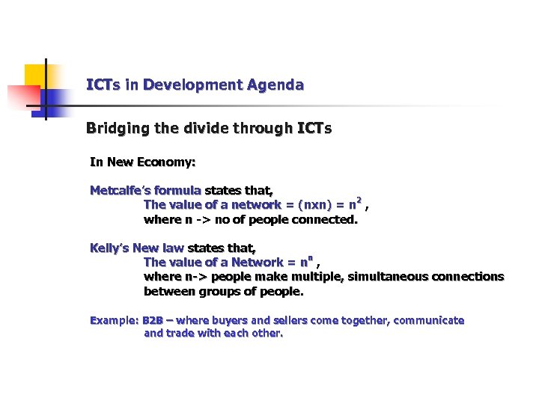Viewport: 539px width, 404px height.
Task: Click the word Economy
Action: click(169, 162)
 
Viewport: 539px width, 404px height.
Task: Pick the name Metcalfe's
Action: click(117, 190)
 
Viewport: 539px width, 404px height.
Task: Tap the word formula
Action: click(177, 190)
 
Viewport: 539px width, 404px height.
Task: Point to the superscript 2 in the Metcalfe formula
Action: click(359, 201)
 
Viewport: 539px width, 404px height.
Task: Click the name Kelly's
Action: click(109, 248)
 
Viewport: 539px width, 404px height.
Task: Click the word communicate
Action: click(428, 321)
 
